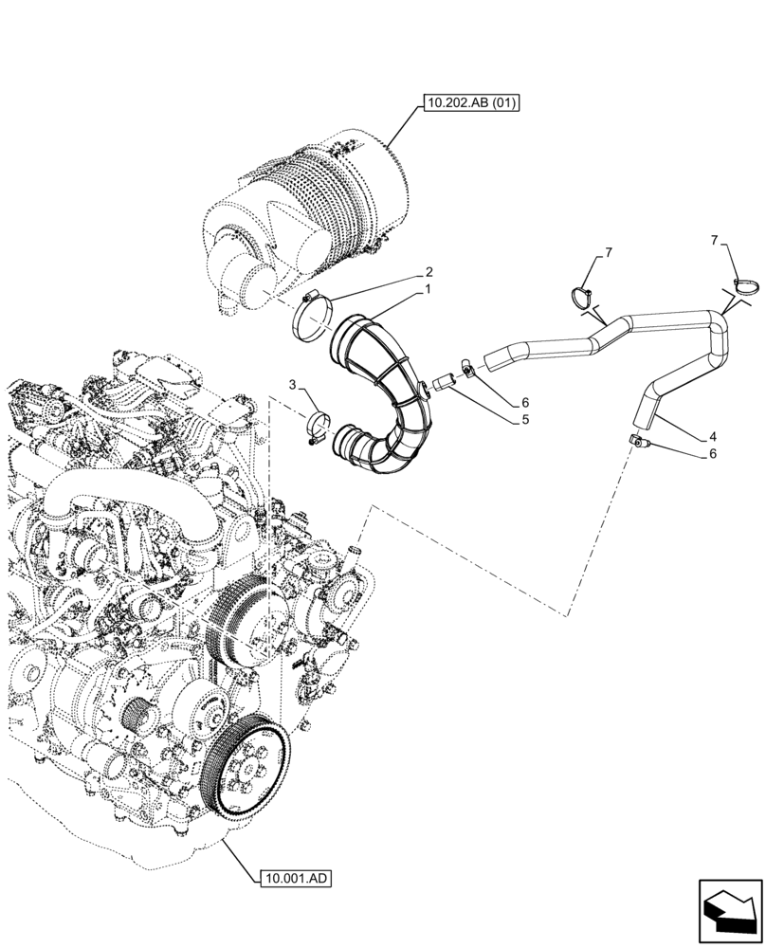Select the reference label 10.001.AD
tap(294, 879)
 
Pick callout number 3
tap(294, 384)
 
